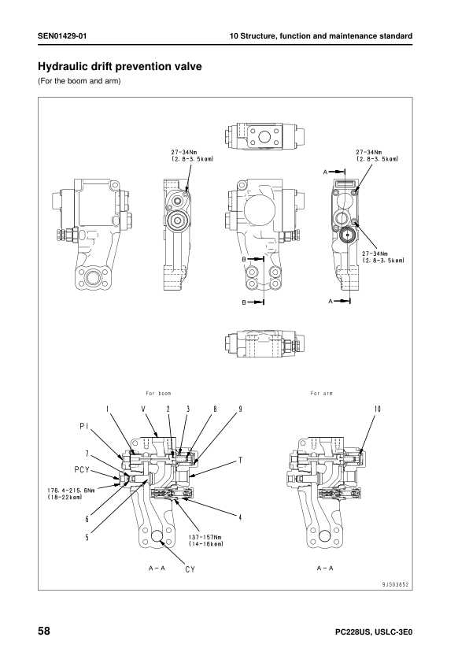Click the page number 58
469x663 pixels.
click(44, 632)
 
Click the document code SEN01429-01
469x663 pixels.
click(62, 36)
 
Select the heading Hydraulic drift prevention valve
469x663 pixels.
click(120, 66)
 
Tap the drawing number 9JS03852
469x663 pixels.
click(396, 585)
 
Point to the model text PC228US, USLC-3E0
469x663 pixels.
click(374, 632)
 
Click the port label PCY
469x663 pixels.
click(81, 469)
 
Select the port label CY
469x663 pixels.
click(190, 569)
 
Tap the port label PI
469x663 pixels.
click(83, 427)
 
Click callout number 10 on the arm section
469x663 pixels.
click(377, 409)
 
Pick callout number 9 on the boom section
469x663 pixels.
click(240, 409)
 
